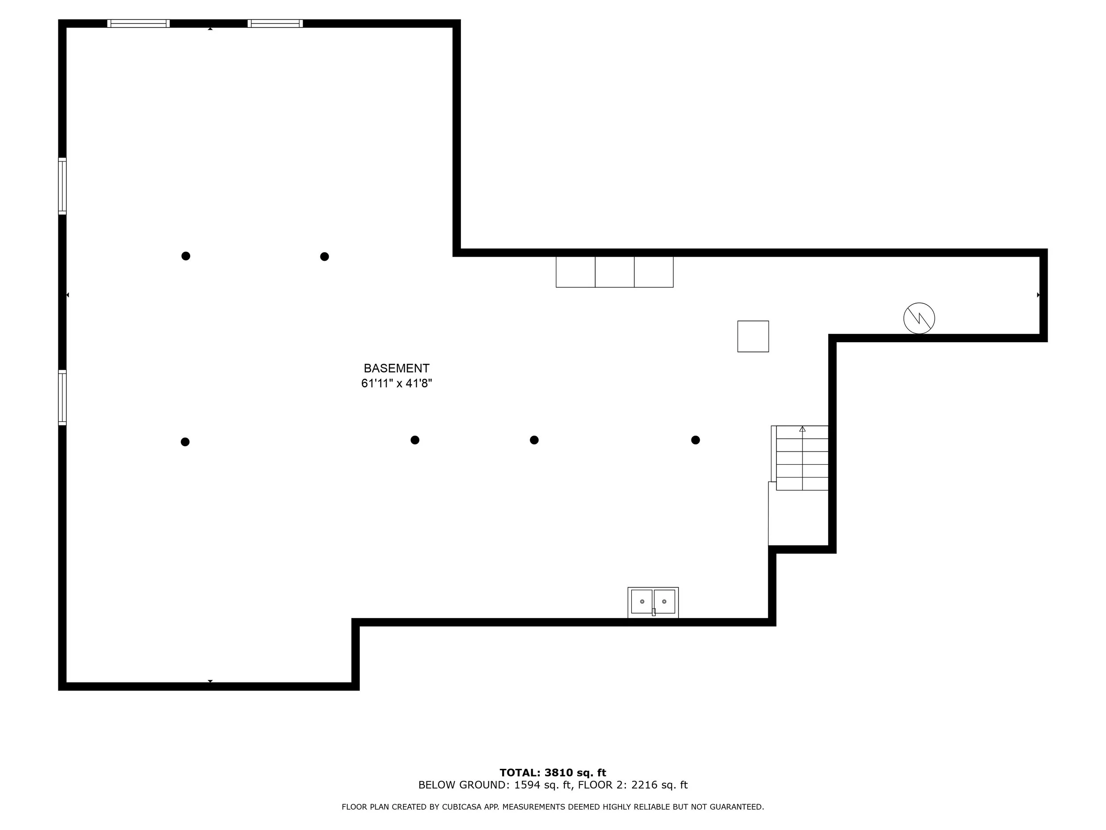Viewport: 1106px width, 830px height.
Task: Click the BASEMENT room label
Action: [396, 368]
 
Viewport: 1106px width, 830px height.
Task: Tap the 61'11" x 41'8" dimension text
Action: [396, 384]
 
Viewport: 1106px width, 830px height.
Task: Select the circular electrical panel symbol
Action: [919, 318]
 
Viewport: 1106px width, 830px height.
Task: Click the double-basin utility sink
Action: [653, 602]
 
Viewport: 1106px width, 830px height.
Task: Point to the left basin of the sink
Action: [641, 601]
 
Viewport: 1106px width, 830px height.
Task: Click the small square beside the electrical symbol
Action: [753, 336]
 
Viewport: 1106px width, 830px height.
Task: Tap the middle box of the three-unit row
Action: [614, 272]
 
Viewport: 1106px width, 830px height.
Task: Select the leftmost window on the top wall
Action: [138, 23]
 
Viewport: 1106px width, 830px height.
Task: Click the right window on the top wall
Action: [275, 23]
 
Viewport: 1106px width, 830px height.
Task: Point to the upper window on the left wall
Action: [62, 186]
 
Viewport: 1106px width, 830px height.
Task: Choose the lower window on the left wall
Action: [62, 398]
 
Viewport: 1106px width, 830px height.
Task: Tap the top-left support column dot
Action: [185, 256]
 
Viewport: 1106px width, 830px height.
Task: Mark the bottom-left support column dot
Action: [185, 442]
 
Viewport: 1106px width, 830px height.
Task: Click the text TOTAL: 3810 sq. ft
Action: [553, 773]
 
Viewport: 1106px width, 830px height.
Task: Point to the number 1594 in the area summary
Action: [527, 785]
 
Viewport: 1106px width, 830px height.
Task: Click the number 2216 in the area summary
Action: [644, 785]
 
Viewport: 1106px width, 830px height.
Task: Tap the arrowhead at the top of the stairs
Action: [803, 429]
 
